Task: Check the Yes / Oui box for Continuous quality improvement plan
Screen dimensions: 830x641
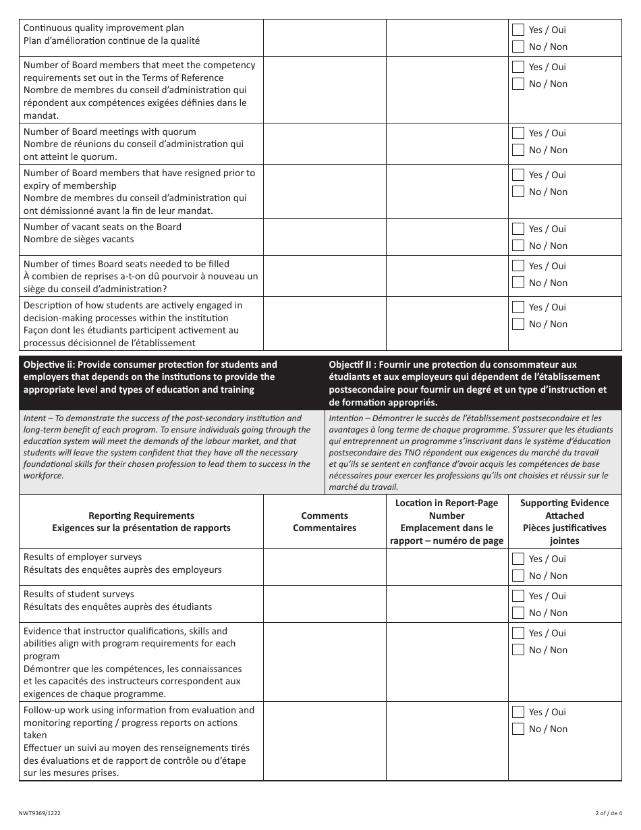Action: (518, 30)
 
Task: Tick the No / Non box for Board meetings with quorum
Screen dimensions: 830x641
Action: (518, 150)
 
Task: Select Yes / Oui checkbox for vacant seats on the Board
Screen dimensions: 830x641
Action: (518, 229)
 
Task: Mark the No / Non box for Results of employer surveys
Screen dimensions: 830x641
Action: (518, 576)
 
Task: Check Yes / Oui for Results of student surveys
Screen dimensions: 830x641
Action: (518, 596)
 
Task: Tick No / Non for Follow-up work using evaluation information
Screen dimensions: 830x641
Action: (518, 729)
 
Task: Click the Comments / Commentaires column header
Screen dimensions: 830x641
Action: (325, 522)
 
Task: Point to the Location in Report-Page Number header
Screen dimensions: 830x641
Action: (447, 522)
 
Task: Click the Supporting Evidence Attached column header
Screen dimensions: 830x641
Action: (564, 522)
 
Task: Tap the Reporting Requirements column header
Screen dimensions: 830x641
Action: (141, 522)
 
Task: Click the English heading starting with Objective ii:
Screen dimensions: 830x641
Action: (150, 377)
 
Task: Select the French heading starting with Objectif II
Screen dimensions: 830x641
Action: (468, 383)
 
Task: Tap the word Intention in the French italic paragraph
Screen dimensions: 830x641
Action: (346, 418)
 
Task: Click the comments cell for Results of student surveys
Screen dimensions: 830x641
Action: (325, 604)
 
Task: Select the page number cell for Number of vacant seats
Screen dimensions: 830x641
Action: (447, 237)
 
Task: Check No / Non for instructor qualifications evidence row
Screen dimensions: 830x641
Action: (518, 650)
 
